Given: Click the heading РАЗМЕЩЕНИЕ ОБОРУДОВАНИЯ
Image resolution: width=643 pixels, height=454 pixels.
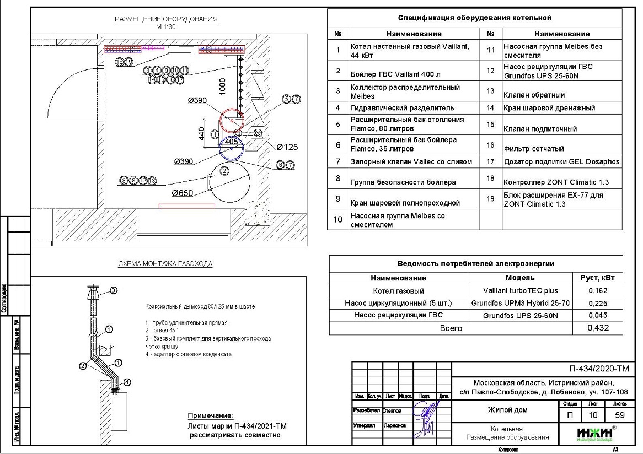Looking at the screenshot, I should [166, 19].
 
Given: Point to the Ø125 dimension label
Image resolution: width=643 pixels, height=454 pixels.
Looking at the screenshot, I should [287, 147].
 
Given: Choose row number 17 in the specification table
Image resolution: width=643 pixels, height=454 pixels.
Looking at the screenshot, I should [490, 162].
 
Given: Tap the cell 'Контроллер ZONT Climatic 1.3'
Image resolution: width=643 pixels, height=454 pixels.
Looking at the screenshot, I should [562, 182].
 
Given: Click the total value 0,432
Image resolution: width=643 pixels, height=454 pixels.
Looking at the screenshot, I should [598, 328].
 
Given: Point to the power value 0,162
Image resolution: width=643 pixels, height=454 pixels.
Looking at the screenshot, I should [598, 291].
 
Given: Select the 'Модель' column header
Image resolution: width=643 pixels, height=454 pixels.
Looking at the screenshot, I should [519, 278].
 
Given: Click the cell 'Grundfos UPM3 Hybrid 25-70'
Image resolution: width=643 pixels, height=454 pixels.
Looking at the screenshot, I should [520, 303].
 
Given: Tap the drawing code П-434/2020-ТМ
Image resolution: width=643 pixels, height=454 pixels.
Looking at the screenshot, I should [599, 369].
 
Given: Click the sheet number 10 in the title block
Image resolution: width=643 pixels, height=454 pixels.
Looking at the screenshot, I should [593, 415].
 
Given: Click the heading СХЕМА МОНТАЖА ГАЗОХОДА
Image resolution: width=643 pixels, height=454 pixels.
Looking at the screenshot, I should [165, 264].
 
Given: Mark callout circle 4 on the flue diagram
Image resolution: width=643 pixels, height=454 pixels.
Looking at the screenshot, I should [127, 382].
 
